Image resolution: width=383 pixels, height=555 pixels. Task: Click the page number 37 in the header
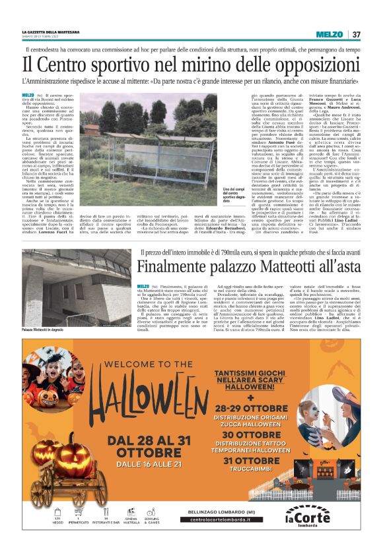tap(356, 34)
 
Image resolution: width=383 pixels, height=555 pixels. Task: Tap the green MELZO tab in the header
tap(329, 34)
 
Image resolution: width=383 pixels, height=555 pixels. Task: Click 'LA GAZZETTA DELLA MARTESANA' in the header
tap(52, 32)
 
